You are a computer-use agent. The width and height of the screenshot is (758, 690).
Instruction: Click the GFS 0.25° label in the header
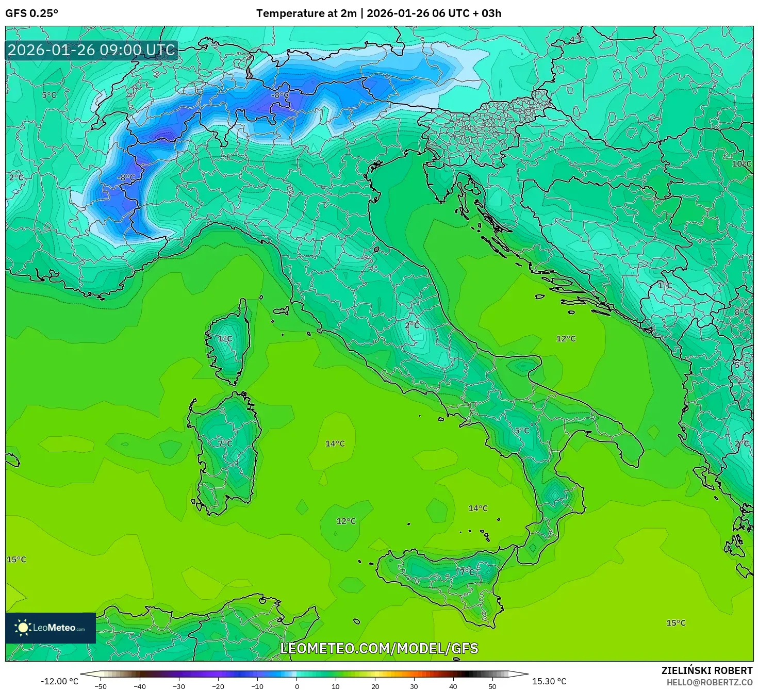coord(31,13)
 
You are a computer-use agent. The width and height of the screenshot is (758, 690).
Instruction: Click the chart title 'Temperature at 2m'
coord(306,13)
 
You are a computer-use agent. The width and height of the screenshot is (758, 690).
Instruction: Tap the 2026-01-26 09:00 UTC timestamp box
coord(92,50)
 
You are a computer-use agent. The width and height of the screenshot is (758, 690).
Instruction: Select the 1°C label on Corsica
coord(225,339)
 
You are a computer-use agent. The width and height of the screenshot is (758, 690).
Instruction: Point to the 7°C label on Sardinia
coord(225,443)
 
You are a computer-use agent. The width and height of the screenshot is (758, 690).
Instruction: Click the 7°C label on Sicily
coord(467,572)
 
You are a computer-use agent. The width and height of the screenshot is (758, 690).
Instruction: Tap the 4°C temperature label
coord(576,40)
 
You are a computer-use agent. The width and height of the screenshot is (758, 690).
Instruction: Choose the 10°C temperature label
coord(741,164)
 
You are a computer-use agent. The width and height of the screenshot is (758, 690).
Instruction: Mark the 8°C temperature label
coord(741,312)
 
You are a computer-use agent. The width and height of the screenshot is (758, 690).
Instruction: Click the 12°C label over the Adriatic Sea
coord(566,339)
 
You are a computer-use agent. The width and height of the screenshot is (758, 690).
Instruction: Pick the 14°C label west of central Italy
coord(335,443)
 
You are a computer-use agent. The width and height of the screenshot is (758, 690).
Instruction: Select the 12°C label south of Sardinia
coord(346,521)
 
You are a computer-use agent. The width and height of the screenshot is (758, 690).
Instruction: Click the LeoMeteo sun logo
coord(23,628)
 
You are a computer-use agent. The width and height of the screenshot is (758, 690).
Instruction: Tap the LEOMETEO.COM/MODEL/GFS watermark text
coord(379,648)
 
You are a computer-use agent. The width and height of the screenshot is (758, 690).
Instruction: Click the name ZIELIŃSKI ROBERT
coord(707,670)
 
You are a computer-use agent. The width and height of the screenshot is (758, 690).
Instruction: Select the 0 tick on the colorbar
coord(296,686)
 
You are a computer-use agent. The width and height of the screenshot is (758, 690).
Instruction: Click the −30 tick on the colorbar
coord(178,686)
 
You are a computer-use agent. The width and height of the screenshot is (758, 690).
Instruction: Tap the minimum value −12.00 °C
coord(59,681)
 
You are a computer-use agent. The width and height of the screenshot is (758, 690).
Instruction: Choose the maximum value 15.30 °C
coord(549,681)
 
